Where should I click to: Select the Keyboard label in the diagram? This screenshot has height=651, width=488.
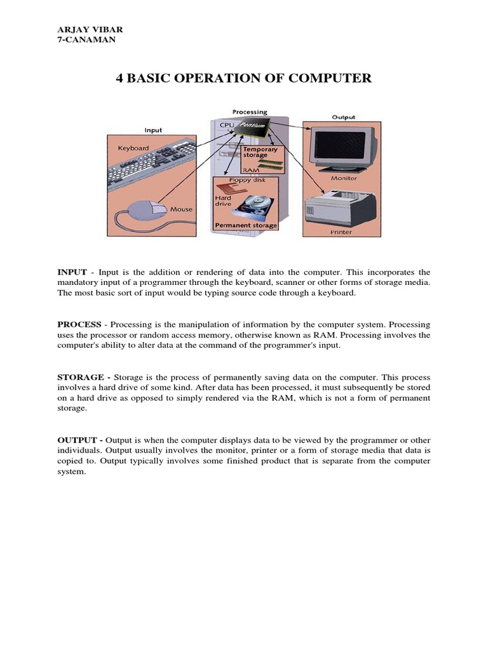133,147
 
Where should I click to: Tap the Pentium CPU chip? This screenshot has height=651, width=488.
251,130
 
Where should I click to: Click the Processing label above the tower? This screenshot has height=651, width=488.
249,112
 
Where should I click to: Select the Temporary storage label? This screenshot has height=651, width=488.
259,152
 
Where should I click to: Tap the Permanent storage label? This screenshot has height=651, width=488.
245,226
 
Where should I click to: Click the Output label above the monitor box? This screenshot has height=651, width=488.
343,117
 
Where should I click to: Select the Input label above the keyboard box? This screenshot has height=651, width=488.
153,130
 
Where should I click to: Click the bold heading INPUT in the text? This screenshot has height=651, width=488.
72,271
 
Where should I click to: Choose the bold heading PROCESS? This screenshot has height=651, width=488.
79,324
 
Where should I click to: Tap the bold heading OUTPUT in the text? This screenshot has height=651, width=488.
77,440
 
